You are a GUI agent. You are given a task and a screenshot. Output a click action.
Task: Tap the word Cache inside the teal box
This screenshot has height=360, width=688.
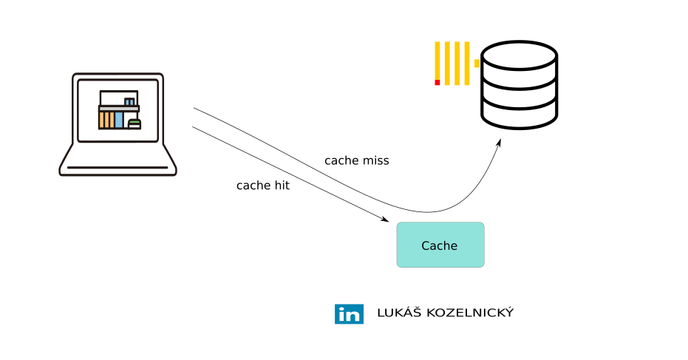440,246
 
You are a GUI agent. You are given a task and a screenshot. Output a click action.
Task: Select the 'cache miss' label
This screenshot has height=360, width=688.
356,160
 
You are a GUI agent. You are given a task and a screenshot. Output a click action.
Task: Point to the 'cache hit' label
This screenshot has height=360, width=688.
262,186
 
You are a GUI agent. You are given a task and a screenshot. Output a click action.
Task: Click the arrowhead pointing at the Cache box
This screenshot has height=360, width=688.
385,220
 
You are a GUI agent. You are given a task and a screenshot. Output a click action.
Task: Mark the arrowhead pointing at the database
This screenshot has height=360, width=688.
499,142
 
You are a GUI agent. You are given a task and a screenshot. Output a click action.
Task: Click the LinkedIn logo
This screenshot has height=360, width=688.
349,313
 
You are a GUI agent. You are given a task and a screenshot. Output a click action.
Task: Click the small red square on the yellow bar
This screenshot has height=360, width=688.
437,82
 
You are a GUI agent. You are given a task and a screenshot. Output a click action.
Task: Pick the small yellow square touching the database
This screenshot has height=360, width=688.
477,64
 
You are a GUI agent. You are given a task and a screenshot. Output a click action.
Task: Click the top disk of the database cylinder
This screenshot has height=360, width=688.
519,55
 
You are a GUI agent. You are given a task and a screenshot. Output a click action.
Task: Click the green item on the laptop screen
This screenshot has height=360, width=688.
134,123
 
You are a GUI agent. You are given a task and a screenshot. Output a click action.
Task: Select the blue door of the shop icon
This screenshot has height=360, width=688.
119,120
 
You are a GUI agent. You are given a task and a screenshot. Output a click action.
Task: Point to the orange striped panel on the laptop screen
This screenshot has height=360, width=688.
106,120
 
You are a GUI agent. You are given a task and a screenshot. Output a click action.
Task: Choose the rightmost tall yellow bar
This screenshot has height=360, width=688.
466,62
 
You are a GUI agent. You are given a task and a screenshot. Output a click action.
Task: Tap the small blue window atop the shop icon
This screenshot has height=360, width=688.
129,101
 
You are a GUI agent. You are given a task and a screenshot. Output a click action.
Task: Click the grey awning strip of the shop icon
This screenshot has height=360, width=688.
118,108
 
